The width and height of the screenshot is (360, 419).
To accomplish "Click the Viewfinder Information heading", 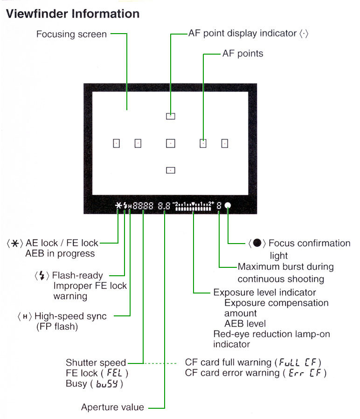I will pos(73,14).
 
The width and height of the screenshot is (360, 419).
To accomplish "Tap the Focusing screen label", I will pos(71,34).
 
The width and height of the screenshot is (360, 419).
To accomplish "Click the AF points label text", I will pos(243,54).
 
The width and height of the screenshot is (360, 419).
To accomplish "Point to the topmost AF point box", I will pos(171,117).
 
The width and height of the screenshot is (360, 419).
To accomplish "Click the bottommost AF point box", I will pos(171,170).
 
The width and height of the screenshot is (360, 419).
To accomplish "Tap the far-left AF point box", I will pos(117,144).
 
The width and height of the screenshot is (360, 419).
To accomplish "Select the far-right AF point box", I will pos(225,144).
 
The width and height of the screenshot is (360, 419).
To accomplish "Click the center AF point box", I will pos(171,144).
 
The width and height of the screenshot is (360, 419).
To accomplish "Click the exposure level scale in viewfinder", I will pos(194,206).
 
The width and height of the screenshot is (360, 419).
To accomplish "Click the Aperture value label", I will pos(112,407).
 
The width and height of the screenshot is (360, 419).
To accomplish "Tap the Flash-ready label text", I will pos(77,275).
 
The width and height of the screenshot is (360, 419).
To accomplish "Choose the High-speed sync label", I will pos(70,316).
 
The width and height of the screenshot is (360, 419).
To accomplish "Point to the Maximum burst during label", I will pos(285,267).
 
